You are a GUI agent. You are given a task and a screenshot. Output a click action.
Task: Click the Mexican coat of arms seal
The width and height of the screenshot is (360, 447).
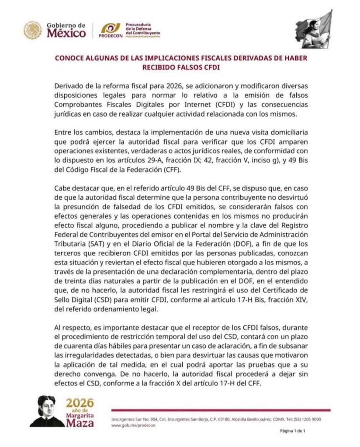(33, 31)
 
